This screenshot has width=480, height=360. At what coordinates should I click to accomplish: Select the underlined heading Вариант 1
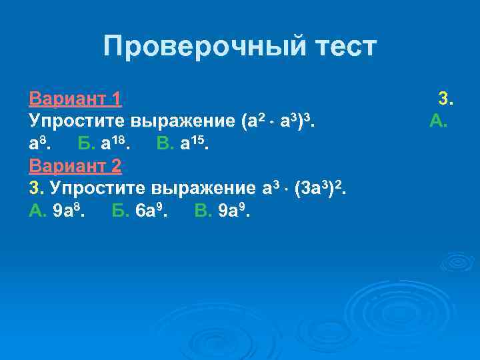tap(75, 100)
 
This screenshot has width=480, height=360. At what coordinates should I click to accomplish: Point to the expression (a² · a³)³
tap(274, 121)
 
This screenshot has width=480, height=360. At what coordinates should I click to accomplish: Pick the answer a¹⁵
tap(194, 143)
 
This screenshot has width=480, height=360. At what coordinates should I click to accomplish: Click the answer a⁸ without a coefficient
tap(39, 143)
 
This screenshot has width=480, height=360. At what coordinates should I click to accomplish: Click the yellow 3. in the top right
tap(445, 100)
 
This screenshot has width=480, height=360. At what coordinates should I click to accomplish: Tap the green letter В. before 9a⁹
tap(203, 211)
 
